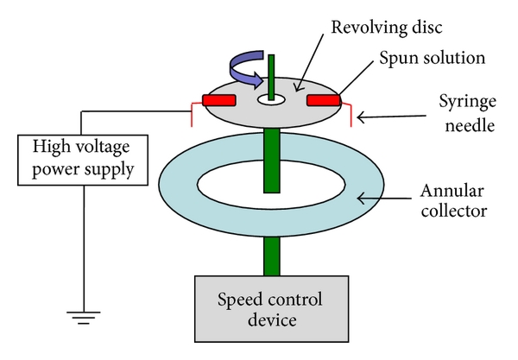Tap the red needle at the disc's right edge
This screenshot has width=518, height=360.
[x=349, y=112]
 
